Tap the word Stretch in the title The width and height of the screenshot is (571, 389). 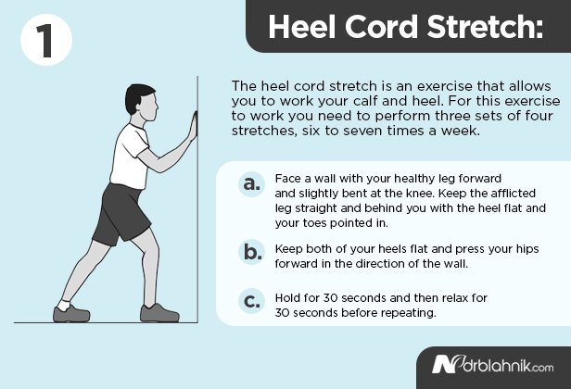[480, 27]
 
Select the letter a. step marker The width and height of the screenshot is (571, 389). [250, 184]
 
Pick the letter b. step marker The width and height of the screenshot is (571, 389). [250, 253]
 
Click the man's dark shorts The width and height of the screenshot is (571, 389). [125, 211]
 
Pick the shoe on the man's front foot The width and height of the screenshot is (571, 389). [159, 313]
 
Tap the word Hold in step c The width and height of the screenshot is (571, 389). [288, 297]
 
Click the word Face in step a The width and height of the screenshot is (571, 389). [288, 178]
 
